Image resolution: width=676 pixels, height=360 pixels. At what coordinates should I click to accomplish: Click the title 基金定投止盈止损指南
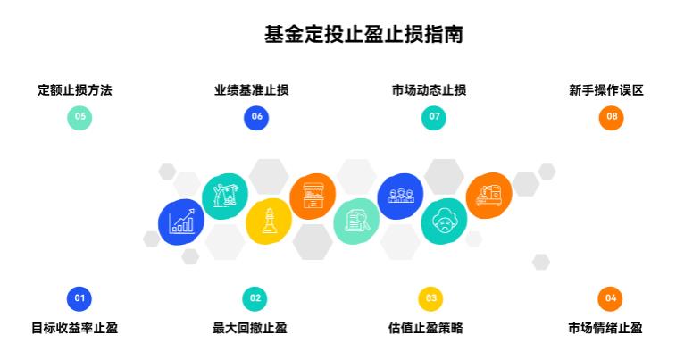(363, 35)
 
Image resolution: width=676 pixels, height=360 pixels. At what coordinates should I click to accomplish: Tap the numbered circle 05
(79, 117)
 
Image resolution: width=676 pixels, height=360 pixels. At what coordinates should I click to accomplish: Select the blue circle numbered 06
(256, 117)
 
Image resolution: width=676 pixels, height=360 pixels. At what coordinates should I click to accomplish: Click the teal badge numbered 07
(434, 117)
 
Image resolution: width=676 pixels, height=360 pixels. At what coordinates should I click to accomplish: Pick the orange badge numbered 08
(612, 117)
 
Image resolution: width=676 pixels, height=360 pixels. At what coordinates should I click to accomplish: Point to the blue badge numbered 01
(79, 298)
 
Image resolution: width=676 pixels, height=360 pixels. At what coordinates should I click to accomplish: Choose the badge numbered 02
(255, 298)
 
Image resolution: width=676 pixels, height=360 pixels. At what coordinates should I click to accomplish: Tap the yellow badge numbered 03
(430, 298)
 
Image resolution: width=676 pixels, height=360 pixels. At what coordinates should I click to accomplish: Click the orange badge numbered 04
(610, 298)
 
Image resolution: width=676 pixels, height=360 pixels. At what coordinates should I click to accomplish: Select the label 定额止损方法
(75, 90)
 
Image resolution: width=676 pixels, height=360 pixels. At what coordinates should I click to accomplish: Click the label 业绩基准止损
(251, 90)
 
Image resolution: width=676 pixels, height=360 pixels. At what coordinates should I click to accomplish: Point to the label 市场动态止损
(429, 90)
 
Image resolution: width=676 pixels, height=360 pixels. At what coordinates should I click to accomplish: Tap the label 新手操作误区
(606, 90)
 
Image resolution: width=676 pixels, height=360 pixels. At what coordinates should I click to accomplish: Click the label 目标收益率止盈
(75, 328)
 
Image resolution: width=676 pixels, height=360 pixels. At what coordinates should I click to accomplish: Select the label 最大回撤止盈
(250, 328)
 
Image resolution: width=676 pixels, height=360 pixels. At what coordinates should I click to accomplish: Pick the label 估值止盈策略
(426, 328)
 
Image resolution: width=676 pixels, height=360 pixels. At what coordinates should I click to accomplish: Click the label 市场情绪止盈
(605, 328)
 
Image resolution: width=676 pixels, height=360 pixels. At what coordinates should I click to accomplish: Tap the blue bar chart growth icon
(181, 222)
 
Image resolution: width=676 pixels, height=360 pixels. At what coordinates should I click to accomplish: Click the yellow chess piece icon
(269, 222)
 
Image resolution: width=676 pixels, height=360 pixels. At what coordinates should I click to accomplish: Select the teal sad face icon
(444, 222)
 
